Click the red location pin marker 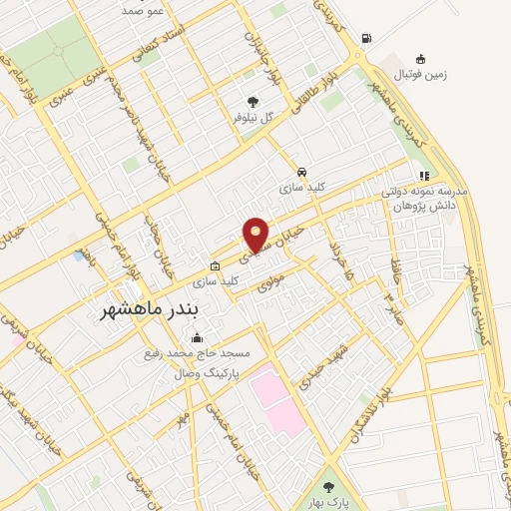(256, 235)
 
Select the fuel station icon (366, 39)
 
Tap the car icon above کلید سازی (300, 171)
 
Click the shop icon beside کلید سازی (215, 265)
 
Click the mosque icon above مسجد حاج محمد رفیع (197, 338)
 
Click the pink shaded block (275, 397)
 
